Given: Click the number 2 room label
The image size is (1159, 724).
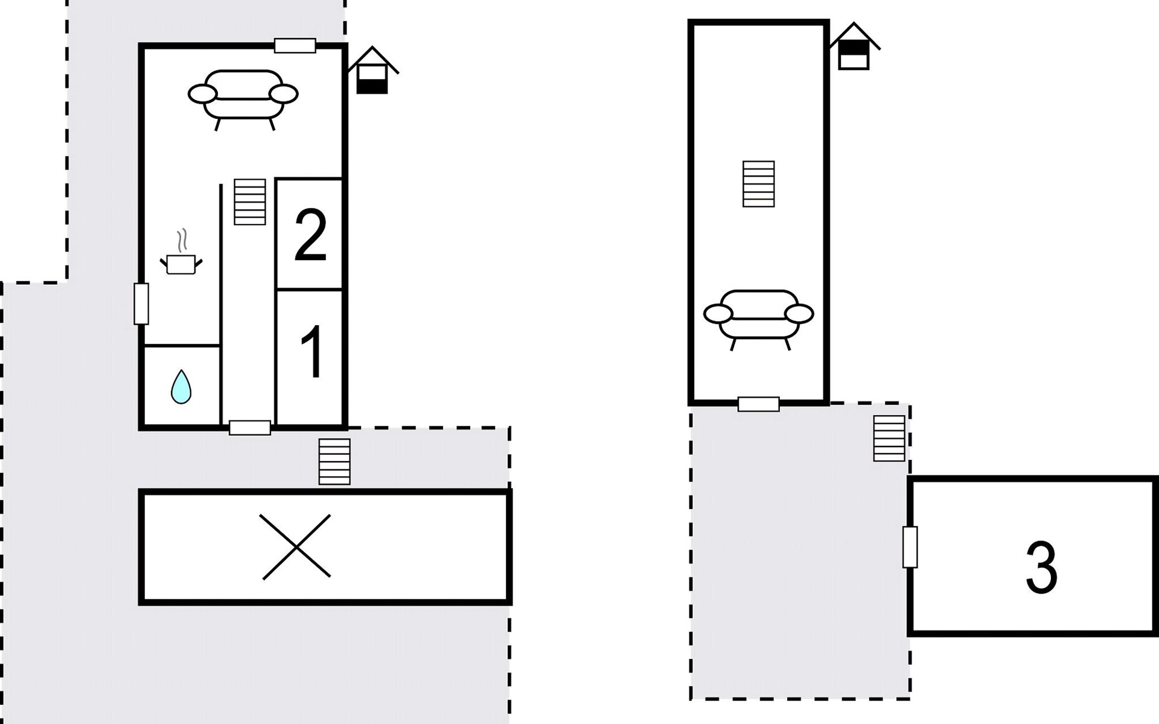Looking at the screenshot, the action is [310, 235].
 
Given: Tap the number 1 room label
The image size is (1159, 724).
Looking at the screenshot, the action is [311, 352].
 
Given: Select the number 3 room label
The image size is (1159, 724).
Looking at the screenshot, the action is [1041, 567].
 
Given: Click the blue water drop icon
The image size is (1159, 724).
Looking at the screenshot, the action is [181, 386].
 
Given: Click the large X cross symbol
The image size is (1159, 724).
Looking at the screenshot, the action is [296, 547].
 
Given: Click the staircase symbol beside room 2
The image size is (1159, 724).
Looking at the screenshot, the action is [250, 202].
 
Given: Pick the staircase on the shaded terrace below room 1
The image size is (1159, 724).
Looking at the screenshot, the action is [334, 462].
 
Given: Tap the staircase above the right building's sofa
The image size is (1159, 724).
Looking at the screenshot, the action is [758, 184].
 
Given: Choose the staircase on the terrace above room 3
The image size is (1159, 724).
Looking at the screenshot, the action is [889, 439].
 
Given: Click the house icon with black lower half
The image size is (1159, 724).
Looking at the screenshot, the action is [372, 70].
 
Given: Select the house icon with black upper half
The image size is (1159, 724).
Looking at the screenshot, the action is [854, 46].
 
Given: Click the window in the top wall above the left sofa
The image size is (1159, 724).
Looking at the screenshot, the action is [295, 46].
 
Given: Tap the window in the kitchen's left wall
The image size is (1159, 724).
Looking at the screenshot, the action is [141, 303].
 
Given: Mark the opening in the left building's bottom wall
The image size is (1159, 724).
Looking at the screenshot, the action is [250, 428].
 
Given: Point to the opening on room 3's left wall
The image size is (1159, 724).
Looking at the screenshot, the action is [910, 547].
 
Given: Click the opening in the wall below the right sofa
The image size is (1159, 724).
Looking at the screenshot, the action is [759, 404].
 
